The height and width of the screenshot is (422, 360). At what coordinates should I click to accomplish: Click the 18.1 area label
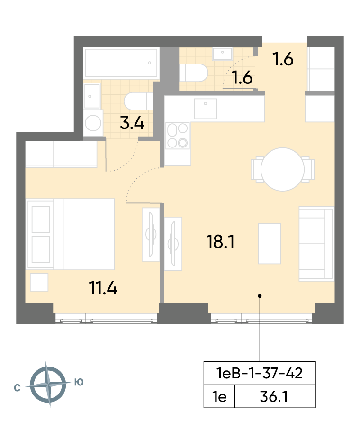pyautogui.click(x=220, y=241)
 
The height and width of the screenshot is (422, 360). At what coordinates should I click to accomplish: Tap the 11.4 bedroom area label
pyautogui.click(x=103, y=288)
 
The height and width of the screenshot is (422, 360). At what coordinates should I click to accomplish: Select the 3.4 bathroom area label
pyautogui.click(x=132, y=123)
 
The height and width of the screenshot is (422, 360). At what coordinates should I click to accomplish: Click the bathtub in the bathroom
pyautogui.click(x=121, y=63)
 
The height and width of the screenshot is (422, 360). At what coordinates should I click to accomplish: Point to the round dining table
pyautogui.click(x=283, y=169)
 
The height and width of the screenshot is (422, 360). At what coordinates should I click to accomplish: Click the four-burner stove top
pyautogui.click(x=178, y=136)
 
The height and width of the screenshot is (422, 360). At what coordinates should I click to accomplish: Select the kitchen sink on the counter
pyautogui.click(x=206, y=109)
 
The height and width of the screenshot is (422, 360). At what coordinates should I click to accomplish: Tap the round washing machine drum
pyautogui.click(x=93, y=123)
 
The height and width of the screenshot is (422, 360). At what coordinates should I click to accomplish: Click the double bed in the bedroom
pyautogui.click(x=71, y=234)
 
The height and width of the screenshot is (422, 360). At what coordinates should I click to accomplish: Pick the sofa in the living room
pyautogui.click(x=316, y=244)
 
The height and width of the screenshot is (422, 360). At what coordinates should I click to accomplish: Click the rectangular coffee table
pyautogui.click(x=270, y=244)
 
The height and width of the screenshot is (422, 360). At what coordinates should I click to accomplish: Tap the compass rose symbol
pyautogui.click(x=48, y=385)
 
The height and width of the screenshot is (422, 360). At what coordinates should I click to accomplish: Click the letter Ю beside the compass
pyautogui.click(x=79, y=382)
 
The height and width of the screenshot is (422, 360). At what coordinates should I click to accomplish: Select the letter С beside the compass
pyautogui.click(x=17, y=388)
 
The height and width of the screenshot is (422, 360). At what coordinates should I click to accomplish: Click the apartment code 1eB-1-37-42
pyautogui.click(x=260, y=373)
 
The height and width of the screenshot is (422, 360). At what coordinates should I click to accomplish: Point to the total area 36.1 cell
pyautogui.click(x=274, y=397)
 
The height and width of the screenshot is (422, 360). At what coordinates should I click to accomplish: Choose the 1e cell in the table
pyautogui.click(x=219, y=397)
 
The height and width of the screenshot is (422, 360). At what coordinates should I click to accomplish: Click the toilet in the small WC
pyautogui.click(x=194, y=73)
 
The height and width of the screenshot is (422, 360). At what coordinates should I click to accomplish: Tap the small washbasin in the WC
pyautogui.click(x=222, y=54)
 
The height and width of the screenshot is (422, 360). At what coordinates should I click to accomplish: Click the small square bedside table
pyautogui.click(x=39, y=282)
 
